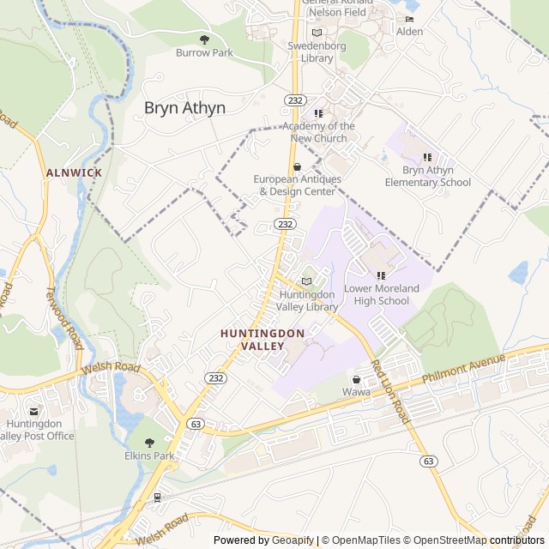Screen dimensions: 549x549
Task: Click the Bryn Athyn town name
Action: [x=184, y=108]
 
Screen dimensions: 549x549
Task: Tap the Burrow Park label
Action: [x=204, y=53]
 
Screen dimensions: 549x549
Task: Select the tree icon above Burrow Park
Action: [x=204, y=39]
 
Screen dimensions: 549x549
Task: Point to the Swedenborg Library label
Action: [x=317, y=52]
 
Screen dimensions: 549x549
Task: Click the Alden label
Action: [x=409, y=32]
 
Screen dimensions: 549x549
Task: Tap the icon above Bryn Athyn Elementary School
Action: [x=427, y=157]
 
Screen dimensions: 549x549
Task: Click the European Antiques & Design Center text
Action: [x=297, y=184]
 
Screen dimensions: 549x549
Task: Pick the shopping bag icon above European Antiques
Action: [x=297, y=167]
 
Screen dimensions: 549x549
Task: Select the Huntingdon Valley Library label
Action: [x=308, y=300]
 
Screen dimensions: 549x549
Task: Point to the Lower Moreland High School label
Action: [x=382, y=294]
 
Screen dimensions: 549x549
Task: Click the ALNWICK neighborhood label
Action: [x=74, y=172]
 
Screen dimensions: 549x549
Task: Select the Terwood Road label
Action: [x=64, y=317]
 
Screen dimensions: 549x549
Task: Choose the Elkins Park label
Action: [x=149, y=455]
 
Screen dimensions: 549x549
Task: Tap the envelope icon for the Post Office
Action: [x=34, y=413]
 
